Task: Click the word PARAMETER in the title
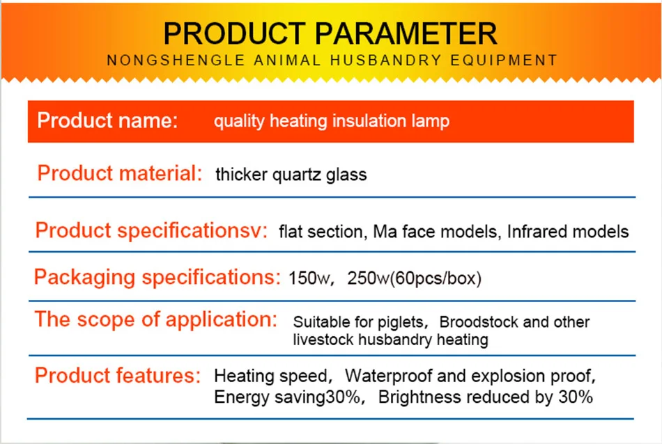406,33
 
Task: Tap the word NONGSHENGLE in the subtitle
176,61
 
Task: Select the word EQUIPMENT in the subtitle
504,61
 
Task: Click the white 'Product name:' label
107,120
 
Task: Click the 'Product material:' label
120,173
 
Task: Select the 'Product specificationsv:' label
151,231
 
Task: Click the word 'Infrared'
536,232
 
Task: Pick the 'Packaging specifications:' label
157,278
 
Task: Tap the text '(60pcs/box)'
436,278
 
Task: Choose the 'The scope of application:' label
156,319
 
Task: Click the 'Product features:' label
118,375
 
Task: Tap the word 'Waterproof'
388,376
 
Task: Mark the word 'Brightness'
419,397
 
